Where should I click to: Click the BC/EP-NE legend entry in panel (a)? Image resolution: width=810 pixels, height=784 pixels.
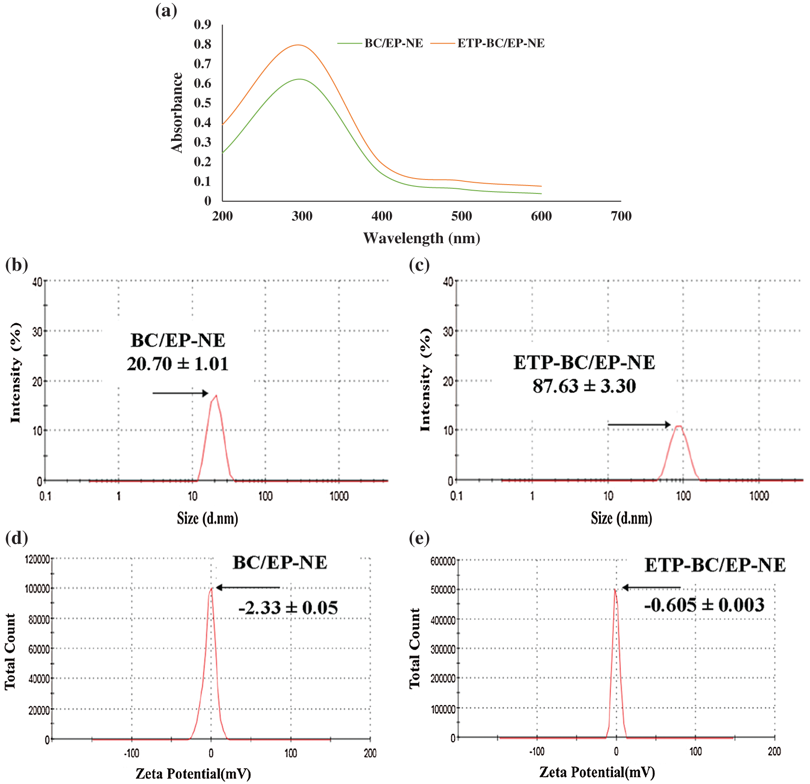pos(393,43)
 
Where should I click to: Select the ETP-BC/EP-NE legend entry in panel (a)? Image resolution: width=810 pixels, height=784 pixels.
pos(500,43)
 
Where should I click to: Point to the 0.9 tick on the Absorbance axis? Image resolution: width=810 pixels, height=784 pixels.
pos(203,24)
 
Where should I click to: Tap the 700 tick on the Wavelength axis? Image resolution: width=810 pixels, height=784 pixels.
pos(621,216)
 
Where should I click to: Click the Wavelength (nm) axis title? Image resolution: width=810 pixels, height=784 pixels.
pos(421,239)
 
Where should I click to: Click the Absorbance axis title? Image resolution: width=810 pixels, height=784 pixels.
pos(177,113)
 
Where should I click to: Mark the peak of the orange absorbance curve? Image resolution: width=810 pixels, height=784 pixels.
pos(298,45)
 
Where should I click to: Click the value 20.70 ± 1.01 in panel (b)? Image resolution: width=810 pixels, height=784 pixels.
pos(178,364)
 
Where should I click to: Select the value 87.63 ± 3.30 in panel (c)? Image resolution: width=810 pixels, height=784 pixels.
pos(584,386)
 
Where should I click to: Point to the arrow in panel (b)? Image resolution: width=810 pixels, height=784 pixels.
pos(180,393)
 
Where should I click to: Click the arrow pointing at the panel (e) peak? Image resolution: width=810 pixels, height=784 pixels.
pos(651,588)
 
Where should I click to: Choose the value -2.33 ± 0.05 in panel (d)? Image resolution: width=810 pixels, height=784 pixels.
pos(288,608)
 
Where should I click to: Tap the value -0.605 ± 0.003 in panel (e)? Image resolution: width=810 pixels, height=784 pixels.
pos(704,605)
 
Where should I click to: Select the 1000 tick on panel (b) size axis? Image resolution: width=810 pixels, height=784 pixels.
pos(339,496)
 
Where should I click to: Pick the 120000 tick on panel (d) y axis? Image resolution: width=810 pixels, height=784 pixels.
pos(37,559)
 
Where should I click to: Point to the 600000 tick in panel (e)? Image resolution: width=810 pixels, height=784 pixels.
pos(443,561)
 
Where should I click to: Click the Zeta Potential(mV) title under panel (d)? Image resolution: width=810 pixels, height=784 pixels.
pos(193,773)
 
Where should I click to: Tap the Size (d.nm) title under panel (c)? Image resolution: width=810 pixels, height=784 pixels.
pos(621,518)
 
